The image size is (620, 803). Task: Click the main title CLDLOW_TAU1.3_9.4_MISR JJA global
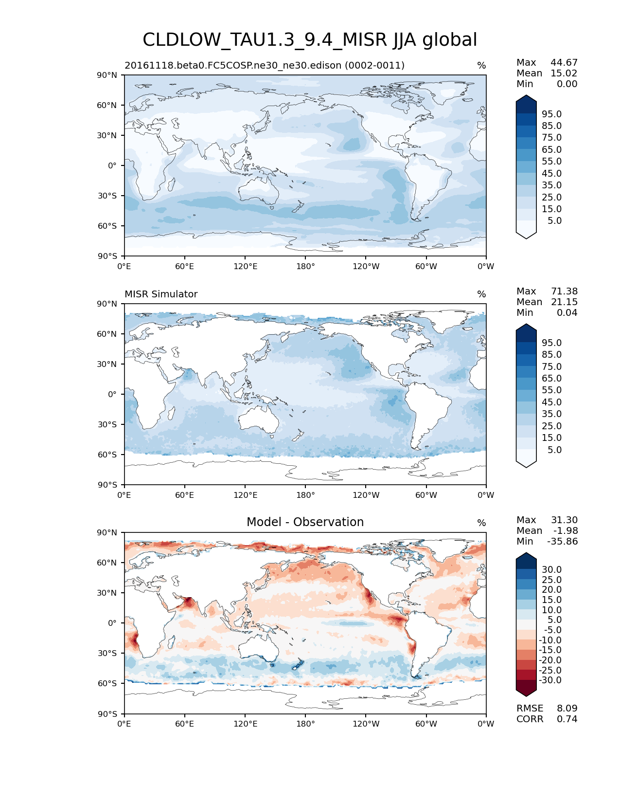click(x=310, y=40)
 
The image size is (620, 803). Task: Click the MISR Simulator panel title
click(x=161, y=294)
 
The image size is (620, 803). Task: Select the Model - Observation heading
click(x=305, y=522)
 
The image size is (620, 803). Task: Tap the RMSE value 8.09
click(x=567, y=709)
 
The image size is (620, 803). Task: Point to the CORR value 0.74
click(x=567, y=719)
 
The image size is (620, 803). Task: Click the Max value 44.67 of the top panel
click(x=564, y=63)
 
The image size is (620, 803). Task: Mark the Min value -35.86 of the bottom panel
click(x=563, y=542)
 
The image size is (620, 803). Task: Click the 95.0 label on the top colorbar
click(x=551, y=114)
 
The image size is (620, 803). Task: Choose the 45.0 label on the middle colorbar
click(x=551, y=402)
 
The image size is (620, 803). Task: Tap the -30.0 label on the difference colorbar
click(x=550, y=680)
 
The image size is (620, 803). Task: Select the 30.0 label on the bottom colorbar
click(x=551, y=570)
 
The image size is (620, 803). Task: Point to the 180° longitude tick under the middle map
click(x=305, y=495)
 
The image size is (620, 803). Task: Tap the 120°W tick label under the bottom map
click(x=366, y=724)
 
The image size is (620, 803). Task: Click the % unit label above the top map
click(x=481, y=66)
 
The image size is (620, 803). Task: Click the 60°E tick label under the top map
click(x=185, y=267)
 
